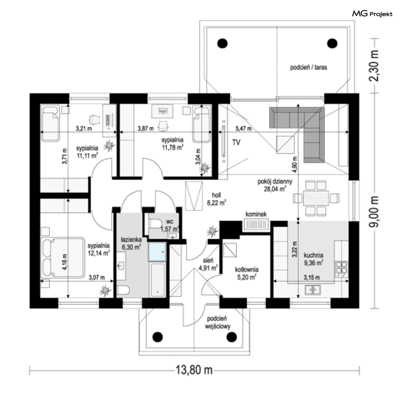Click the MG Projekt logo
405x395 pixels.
click(x=372, y=14)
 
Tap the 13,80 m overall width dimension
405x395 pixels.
click(x=194, y=370)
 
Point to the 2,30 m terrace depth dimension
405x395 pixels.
click(x=374, y=66)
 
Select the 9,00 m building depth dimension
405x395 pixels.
click(x=374, y=211)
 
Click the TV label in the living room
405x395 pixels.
click(x=236, y=142)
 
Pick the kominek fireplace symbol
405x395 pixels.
click(x=256, y=225)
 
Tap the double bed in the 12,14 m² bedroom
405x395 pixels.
click(x=63, y=258)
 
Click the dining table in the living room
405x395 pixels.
click(x=316, y=198)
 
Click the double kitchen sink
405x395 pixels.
click(x=313, y=290)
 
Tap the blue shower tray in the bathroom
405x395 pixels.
click(x=157, y=252)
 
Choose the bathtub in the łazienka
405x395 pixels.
click(x=157, y=280)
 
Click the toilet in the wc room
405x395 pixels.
click(x=155, y=224)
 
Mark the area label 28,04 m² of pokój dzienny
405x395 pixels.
click(x=275, y=189)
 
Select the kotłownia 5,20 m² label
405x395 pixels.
click(x=247, y=273)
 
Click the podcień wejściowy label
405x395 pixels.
click(x=217, y=322)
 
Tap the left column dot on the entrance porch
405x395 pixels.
click(x=157, y=337)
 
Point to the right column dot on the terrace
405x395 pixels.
click(x=332, y=44)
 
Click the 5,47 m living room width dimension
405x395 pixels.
click(x=243, y=128)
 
